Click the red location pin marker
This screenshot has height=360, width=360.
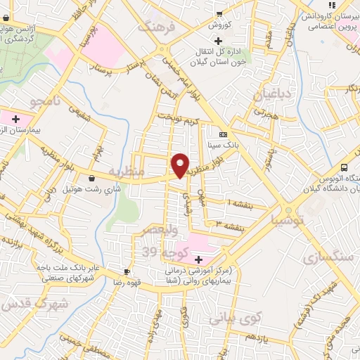pyautogui.click(x=181, y=165)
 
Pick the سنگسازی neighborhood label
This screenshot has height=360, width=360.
pyautogui.click(x=328, y=257)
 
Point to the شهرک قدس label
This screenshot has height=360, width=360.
pyautogui.click(x=34, y=304)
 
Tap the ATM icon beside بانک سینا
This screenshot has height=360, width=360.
pyautogui.click(x=223, y=134)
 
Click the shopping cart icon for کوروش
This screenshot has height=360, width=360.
pyautogui.click(x=219, y=13)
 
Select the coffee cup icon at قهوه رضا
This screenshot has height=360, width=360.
pyautogui.click(x=127, y=271)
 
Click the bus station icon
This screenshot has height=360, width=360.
pyautogui.click(x=344, y=167)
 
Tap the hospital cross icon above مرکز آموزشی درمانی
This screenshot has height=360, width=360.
pyautogui.click(x=199, y=260)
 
